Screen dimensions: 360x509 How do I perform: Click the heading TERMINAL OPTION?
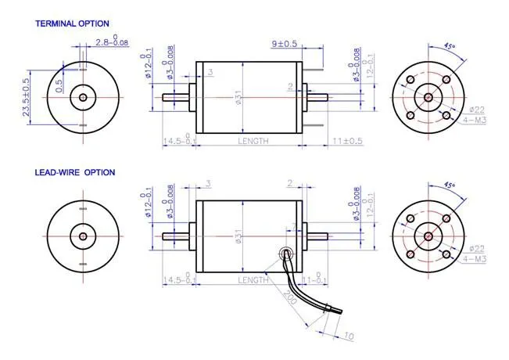tap(73, 24)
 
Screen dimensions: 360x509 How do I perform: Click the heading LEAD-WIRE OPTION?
tap(74, 172)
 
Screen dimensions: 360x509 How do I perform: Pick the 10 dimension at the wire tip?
tap(348, 337)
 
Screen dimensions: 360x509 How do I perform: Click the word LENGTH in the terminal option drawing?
tap(253, 142)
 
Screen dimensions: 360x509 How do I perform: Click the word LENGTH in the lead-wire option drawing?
tap(253, 279)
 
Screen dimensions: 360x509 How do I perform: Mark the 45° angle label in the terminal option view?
tap(450, 47)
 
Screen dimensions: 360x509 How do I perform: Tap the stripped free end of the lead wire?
tap(334, 311)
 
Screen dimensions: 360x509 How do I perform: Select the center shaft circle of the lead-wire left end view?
tap(82, 236)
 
